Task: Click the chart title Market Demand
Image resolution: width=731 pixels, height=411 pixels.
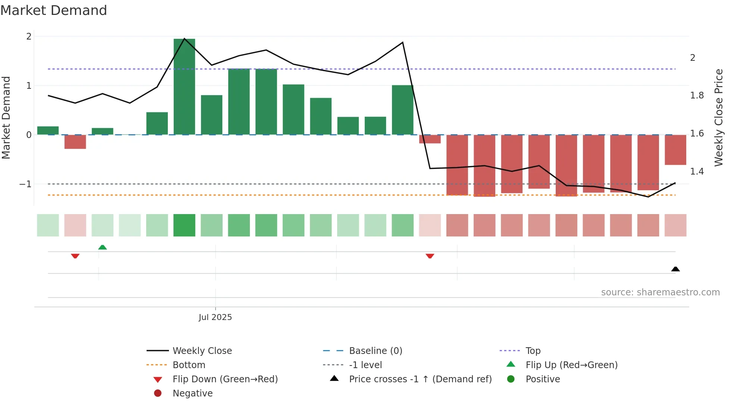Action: pos(54,10)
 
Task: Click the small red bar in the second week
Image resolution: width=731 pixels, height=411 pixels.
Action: pos(75,142)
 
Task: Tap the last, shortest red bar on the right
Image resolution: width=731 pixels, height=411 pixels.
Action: pos(675,150)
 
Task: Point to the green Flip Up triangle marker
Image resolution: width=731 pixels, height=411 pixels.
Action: pos(103,247)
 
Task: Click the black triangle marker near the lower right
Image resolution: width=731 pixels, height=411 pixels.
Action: pos(675,269)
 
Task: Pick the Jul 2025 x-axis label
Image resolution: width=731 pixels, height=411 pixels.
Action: pos(215,317)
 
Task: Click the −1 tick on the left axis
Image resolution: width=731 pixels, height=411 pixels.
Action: pos(25,184)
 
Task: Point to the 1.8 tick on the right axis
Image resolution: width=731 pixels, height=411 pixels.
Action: pos(697,96)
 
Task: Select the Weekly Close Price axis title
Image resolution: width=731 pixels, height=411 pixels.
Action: pos(719,117)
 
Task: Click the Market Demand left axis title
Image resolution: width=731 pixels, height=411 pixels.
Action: pos(6,117)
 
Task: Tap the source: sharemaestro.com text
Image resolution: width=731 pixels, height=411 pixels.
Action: pos(660,292)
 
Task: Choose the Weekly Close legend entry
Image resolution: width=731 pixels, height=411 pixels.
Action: pos(202,351)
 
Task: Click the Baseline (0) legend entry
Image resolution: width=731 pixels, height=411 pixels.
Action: pos(375,351)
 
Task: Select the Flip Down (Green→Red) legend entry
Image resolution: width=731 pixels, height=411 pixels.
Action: pos(225,379)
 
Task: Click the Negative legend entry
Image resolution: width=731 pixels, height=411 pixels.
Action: pos(192,393)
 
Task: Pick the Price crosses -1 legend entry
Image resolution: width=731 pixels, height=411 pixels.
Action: pos(420,379)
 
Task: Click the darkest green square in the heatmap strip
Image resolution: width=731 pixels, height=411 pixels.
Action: pos(184,225)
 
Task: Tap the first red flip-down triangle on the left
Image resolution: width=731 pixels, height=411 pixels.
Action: pos(75,256)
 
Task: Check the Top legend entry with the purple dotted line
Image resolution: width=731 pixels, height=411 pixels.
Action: pos(533,351)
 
